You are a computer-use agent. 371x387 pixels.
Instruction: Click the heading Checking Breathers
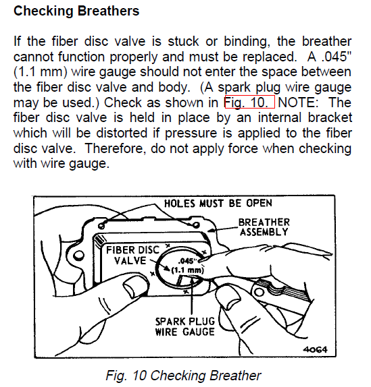76,11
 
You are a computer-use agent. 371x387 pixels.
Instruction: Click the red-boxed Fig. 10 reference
250,102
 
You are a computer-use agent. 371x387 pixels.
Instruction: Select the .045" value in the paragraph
337,56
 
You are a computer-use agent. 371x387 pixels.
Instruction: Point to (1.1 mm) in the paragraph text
41,72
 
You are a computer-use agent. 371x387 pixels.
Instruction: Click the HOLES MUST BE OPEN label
218,204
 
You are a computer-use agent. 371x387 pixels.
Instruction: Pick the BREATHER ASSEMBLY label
264,227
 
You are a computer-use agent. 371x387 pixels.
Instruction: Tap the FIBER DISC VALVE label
133,256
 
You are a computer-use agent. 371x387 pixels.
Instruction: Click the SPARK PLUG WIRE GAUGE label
184,326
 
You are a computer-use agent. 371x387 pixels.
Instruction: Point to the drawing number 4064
315,349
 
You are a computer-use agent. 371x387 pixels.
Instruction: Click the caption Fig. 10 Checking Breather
183,376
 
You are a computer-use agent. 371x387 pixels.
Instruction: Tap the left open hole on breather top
101,226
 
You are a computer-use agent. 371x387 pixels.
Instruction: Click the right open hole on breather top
196,225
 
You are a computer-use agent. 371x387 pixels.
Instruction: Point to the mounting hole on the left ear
79,256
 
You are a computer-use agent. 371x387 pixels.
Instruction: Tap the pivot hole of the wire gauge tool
259,292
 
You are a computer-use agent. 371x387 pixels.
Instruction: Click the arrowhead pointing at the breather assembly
209,231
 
